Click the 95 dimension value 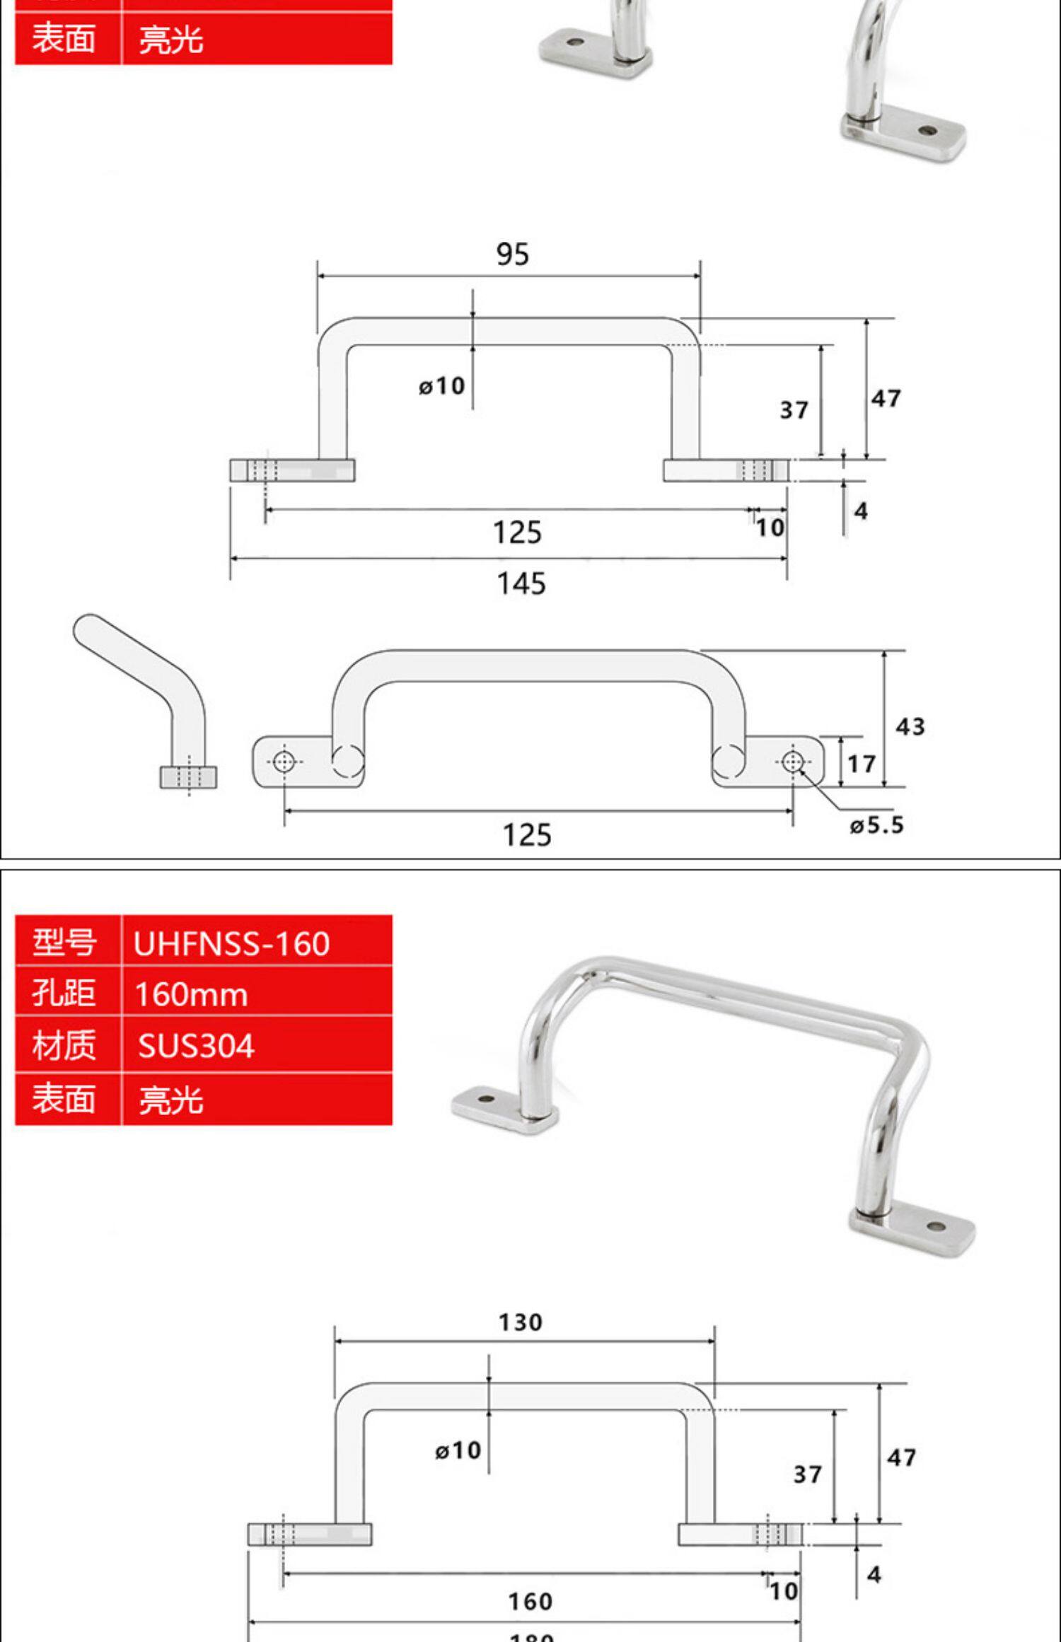[x=512, y=255]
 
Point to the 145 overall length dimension [x=521, y=584]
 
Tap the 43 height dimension [x=910, y=727]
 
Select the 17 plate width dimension [x=862, y=764]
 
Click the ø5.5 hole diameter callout [x=877, y=825]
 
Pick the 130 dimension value [x=521, y=1322]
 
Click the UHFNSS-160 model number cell [x=231, y=944]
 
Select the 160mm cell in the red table [x=191, y=995]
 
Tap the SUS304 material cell [x=196, y=1047]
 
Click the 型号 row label [x=64, y=943]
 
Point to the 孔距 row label [x=64, y=994]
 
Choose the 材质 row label [x=64, y=1046]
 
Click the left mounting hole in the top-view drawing [x=284, y=762]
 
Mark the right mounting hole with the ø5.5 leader [x=793, y=762]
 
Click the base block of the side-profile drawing [x=189, y=777]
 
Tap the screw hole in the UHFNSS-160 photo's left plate [x=486, y=1100]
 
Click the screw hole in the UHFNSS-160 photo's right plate [x=935, y=1225]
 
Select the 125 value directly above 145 [x=517, y=532]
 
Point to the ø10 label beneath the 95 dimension [x=442, y=386]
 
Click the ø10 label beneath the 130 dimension [x=458, y=1450]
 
